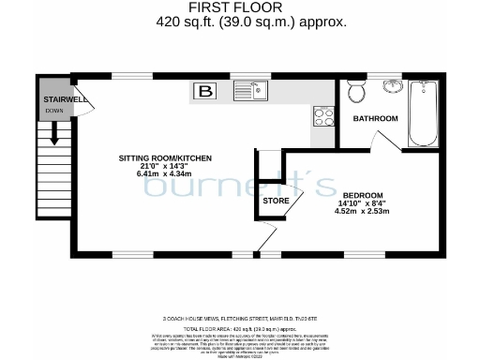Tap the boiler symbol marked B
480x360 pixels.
click(x=203, y=91)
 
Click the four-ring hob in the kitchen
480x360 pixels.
click(x=323, y=117)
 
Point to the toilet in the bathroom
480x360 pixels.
click(x=356, y=92)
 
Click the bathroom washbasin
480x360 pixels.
click(x=390, y=88)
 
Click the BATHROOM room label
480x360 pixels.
click(x=375, y=119)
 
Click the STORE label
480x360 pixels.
click(x=276, y=202)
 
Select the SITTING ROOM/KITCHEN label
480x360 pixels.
click(x=164, y=157)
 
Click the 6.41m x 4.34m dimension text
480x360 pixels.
click(x=164, y=174)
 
